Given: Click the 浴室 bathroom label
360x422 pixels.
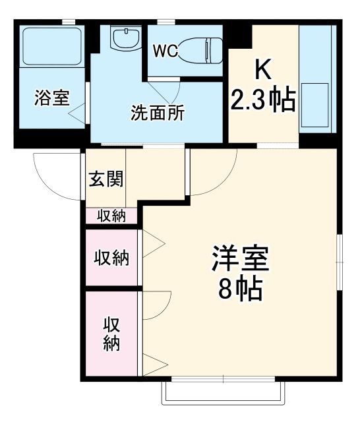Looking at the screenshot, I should pyautogui.click(x=51, y=99).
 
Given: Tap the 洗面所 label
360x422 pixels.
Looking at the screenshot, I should pyautogui.click(x=157, y=113).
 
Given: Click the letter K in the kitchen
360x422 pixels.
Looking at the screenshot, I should pyautogui.click(x=261, y=69).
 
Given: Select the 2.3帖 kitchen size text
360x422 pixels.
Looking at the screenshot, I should pyautogui.click(x=262, y=101).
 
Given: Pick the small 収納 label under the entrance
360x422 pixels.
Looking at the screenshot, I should pyautogui.click(x=112, y=216).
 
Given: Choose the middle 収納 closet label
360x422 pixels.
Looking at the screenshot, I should pyautogui.click(x=111, y=257).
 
